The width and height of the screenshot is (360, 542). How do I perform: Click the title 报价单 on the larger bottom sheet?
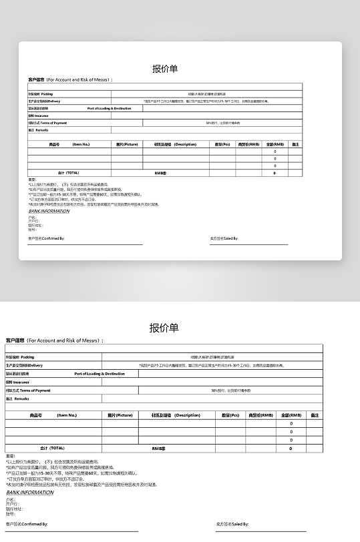click(x=164, y=327)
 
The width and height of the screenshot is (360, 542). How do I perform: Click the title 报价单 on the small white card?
click(x=165, y=68)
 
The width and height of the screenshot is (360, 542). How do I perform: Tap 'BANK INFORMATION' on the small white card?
click(x=49, y=211)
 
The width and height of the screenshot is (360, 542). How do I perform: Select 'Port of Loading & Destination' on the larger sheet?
click(x=100, y=374)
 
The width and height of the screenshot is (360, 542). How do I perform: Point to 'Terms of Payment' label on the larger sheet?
click(x=35, y=390)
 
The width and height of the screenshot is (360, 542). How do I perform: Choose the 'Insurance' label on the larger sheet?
click(x=21, y=382)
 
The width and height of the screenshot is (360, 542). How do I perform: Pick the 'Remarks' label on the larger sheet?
click(x=21, y=398)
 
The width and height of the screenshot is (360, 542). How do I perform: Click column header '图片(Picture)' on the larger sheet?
click(x=120, y=415)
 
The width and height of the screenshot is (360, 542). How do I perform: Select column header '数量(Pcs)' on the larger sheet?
click(x=230, y=415)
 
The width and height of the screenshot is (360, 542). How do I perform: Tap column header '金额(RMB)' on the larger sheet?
click(x=291, y=415)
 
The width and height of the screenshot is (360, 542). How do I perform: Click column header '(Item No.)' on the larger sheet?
click(x=67, y=415)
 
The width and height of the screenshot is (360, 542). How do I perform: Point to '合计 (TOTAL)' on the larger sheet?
click(x=52, y=448)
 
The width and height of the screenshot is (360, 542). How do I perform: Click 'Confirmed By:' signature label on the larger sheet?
click(x=36, y=525)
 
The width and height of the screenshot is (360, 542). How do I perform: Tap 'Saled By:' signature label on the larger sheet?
click(x=240, y=525)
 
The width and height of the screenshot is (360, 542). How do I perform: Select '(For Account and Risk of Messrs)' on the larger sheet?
click(x=63, y=340)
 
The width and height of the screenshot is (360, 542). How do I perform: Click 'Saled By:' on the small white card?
click(x=230, y=238)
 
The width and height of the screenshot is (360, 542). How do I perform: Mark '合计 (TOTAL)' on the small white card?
click(x=69, y=173)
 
